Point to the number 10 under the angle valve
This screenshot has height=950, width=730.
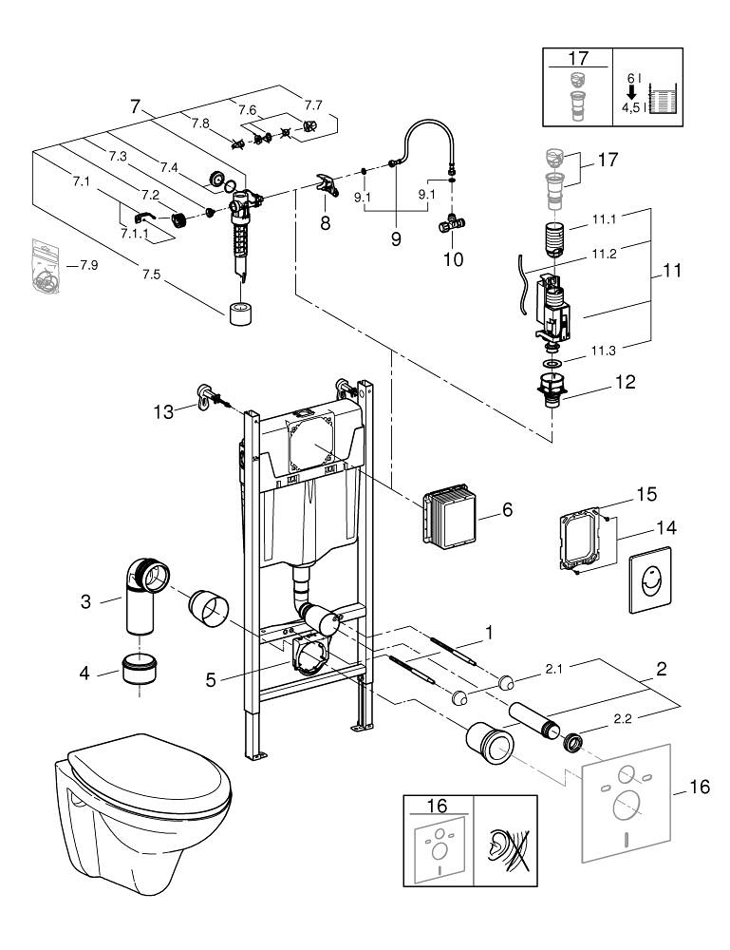pos(453,258)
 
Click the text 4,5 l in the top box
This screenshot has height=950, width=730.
pos(631,109)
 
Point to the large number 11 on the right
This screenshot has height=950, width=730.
pos(673,270)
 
